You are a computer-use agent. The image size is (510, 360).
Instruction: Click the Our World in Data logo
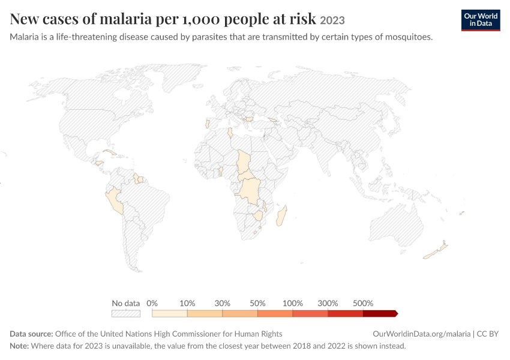point(481,20)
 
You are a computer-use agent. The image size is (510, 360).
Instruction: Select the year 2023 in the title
point(332,20)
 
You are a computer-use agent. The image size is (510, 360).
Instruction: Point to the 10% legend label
point(187,303)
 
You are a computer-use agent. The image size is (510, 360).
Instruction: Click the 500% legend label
point(363,303)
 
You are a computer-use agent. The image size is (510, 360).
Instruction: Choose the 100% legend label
point(292,303)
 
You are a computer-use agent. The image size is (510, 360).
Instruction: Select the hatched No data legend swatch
point(126,313)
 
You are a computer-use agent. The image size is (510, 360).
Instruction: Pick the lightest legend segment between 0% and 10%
point(169,313)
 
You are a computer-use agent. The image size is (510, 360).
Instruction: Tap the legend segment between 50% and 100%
point(275,313)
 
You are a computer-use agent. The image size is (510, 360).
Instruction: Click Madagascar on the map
point(281,215)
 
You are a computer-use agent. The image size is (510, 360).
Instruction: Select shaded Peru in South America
point(115,200)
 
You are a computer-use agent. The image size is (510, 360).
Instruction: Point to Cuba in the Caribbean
point(110,152)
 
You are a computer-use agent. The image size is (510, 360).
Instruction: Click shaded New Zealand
point(436,251)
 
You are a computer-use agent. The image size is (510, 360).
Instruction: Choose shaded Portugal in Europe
point(207,124)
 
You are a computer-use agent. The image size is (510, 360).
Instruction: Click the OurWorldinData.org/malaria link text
point(422,334)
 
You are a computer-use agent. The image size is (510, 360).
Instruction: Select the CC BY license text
point(488,334)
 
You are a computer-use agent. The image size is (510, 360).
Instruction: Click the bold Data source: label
point(31,334)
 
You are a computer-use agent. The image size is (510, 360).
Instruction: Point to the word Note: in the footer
point(19,346)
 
